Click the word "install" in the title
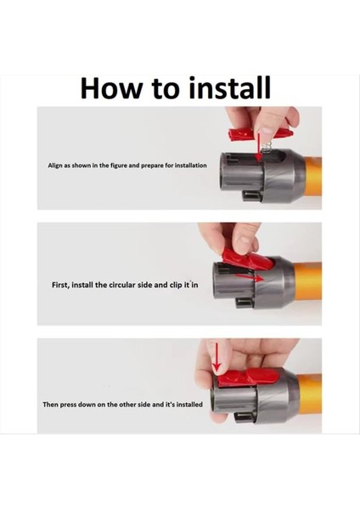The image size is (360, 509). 228,88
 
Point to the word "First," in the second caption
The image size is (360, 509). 54,286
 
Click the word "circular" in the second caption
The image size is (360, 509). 119,286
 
